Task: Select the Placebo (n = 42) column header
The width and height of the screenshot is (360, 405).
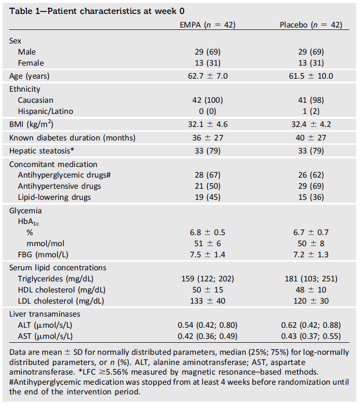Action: tap(311, 25)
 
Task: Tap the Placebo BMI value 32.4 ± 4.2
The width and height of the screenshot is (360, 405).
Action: tap(311, 125)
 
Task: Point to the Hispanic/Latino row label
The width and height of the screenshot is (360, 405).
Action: tap(45, 111)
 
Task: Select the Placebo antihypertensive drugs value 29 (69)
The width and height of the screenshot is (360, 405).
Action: tap(311, 186)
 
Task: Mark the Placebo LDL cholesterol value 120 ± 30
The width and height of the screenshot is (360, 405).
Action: tap(311, 301)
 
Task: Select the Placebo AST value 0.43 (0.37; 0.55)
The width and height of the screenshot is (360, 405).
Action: tap(311, 336)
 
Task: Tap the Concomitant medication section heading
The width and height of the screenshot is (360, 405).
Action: tap(53, 164)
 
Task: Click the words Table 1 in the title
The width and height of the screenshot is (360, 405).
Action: tap(24, 10)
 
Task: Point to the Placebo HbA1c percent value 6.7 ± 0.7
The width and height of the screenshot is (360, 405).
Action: tap(311, 232)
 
